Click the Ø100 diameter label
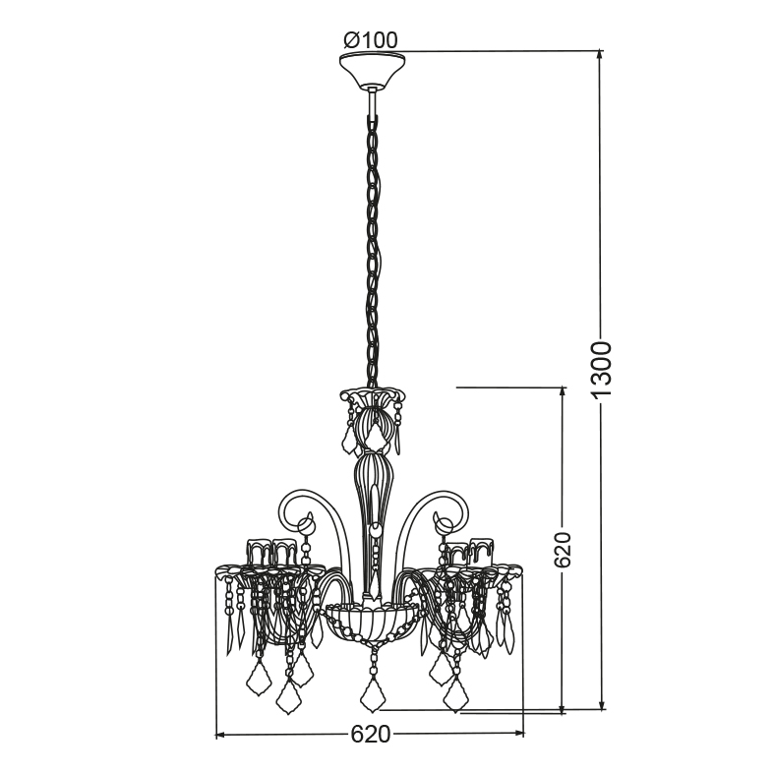pyautogui.click(x=371, y=40)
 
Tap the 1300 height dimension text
pyautogui.click(x=602, y=369)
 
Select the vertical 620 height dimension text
pyautogui.click(x=562, y=550)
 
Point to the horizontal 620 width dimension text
pyautogui.click(x=370, y=734)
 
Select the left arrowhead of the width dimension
pyautogui.click(x=221, y=735)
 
